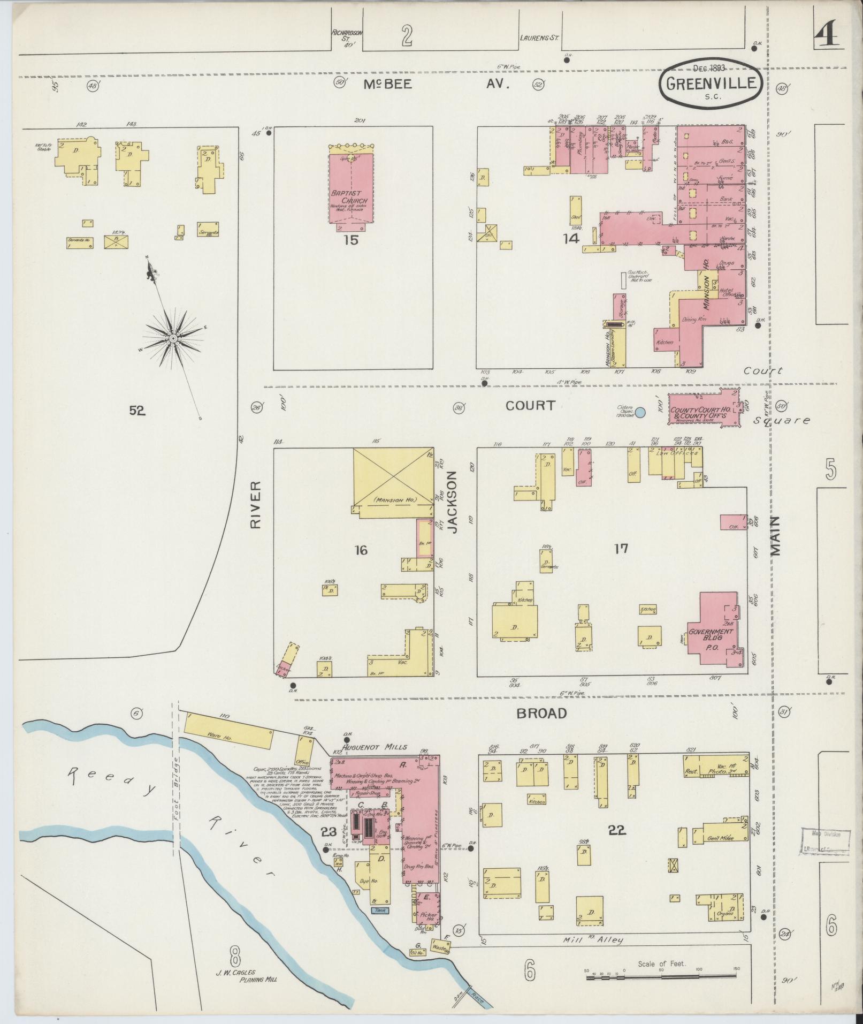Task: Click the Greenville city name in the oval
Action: tap(711, 84)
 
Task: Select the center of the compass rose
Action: tap(173, 339)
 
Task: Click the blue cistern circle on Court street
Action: tap(639, 412)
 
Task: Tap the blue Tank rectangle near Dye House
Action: tap(380, 909)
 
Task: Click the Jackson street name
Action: tap(453, 502)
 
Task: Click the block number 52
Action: tap(137, 411)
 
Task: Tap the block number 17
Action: tap(621, 548)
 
